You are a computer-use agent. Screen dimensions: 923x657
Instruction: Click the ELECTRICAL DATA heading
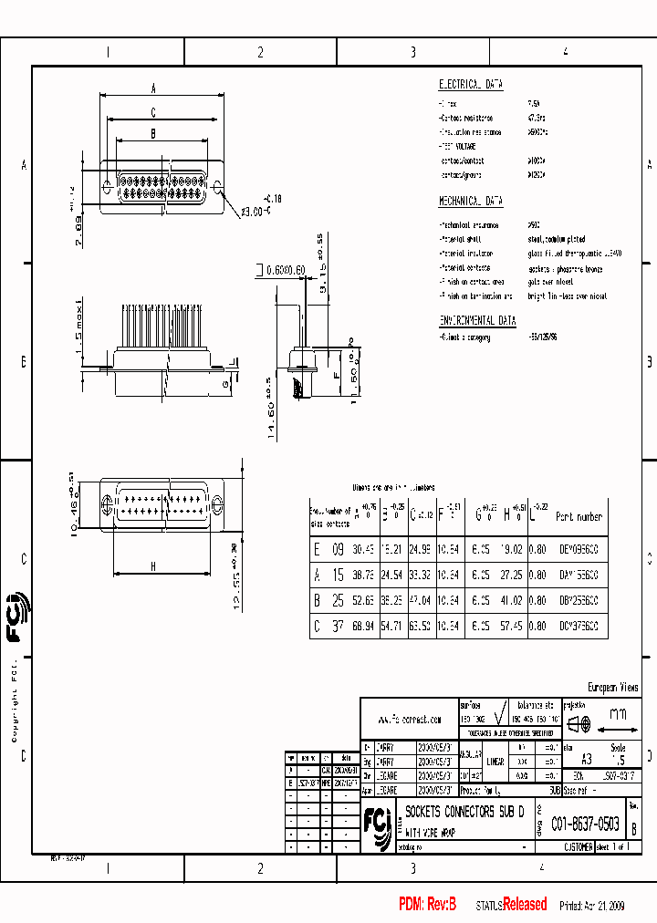471,84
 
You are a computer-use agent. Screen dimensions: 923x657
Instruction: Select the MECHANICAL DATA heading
471,201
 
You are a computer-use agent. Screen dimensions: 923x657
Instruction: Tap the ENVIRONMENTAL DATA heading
477,321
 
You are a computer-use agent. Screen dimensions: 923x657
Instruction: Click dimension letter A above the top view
154,88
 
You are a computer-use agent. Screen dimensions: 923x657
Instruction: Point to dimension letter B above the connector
153,133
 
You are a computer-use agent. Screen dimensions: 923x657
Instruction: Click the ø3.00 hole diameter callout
258,212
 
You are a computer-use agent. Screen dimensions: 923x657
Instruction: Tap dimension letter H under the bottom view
152,566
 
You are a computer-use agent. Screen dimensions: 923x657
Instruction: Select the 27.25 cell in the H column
510,576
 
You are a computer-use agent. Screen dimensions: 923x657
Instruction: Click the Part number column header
579,516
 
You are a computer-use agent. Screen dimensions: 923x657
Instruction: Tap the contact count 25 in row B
338,601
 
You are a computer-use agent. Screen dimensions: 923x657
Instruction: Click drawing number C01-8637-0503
586,824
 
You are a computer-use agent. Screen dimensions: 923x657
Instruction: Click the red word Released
525,904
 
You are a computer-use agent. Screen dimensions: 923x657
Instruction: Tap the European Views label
611,688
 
